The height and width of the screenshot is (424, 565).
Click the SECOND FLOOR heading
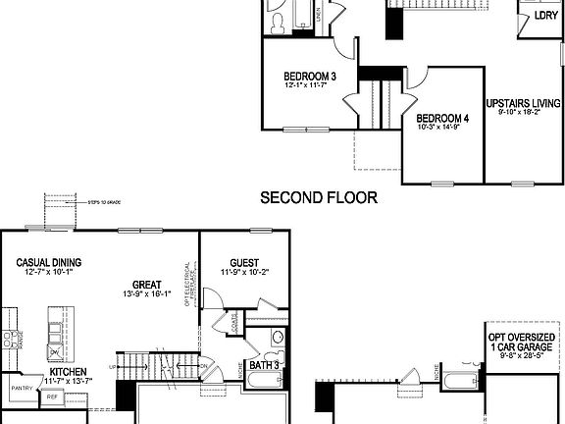(318, 198)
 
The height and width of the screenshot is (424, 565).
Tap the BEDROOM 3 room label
(310, 77)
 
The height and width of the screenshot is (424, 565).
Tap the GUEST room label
(244, 262)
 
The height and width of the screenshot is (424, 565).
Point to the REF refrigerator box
(52, 397)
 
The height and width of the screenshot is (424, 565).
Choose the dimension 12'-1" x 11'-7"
(310, 87)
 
